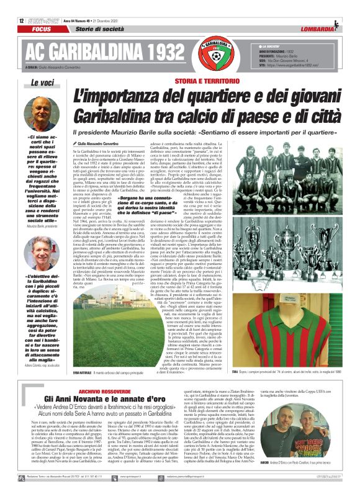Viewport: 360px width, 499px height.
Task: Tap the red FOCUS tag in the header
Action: [42, 29]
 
